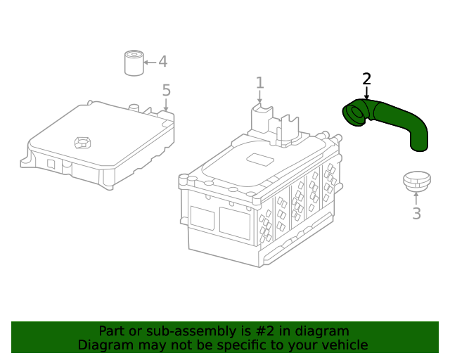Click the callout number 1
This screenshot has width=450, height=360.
coord(259,83)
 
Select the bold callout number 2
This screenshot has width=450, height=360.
coord(366,79)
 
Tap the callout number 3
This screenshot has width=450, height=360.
coord(416,214)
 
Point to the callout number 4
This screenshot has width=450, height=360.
coord(162,61)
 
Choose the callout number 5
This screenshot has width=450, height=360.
coord(167,90)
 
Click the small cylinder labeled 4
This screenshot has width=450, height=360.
coord(134,63)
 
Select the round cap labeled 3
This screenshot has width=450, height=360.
coord(417,181)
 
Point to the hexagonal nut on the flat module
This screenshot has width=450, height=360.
coord(83,143)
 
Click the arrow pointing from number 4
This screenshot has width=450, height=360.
coord(150,63)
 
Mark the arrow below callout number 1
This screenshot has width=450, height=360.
coord(259,96)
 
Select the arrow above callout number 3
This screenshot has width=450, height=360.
coord(416,199)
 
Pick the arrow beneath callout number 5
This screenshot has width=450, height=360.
coord(166,105)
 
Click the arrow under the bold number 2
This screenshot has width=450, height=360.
coord(366,93)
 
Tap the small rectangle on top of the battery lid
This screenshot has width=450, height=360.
coord(260,160)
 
